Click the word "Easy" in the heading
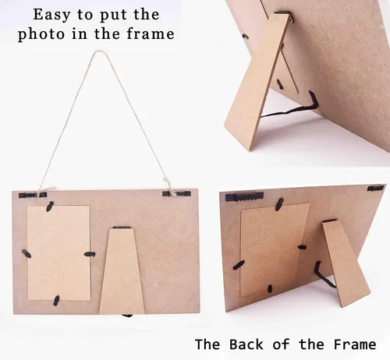click(51, 15)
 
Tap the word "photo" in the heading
click(41, 34)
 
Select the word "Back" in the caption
click(246, 344)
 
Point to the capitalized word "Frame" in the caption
click(355, 344)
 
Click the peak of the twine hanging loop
click(98, 51)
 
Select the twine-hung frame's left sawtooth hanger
click(33, 195)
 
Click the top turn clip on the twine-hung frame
click(50, 206)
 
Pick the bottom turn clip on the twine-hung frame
click(56, 301)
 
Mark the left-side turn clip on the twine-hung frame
click(27, 253)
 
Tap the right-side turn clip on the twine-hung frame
click(90, 254)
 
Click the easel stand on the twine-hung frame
click(122, 270)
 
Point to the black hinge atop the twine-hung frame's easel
click(122, 228)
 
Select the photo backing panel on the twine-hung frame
click(58, 252)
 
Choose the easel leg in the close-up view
click(257, 81)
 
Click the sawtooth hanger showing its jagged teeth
click(244, 198)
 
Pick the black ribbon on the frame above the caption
click(324, 275)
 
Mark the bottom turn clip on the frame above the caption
click(270, 288)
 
